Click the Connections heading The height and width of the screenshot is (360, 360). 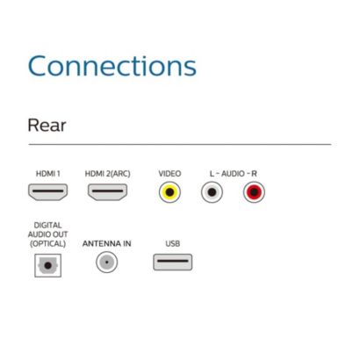pos(112,66)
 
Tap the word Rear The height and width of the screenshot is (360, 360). pos(47,126)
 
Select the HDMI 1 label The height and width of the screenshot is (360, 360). pos(48,174)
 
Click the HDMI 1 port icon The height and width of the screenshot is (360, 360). pos(48,192)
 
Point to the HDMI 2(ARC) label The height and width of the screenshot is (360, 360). pos(107,174)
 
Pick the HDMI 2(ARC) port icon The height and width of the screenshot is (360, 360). pos(107,192)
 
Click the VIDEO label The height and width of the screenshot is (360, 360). pos(169,174)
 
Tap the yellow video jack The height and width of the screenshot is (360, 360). pos(169,192)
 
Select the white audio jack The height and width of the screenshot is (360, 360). pos(212,192)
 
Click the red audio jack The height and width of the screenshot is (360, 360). pos(254,192)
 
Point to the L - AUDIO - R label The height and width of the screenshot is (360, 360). pos(233,174)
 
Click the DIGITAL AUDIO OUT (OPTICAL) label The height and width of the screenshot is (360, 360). pos(47,234)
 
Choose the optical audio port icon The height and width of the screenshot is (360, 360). pos(48,265)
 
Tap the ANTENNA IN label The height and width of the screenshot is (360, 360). pos(106,243)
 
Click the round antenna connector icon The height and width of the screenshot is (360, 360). pos(107,262)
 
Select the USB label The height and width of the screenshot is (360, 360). pos(173,243)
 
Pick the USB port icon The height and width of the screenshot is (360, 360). pos(173,262)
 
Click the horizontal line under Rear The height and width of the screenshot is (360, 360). pos(180,144)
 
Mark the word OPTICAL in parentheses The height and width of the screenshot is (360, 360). pos(48,243)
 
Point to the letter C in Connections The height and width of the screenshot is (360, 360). pos(37,66)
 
